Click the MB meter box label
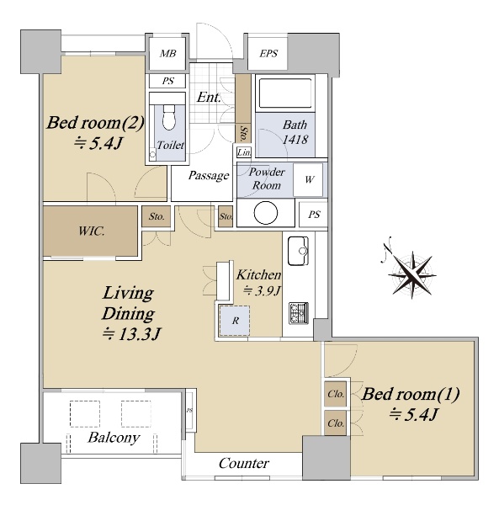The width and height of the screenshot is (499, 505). (167, 53)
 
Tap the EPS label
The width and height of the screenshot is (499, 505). (268, 53)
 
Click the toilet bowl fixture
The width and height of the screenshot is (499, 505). (169, 117)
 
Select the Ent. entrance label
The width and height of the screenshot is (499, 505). (209, 97)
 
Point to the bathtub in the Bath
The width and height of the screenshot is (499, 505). (285, 93)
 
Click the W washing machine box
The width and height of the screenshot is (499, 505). (308, 180)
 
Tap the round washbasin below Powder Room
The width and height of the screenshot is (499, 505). (266, 213)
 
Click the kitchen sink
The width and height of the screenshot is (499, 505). (298, 251)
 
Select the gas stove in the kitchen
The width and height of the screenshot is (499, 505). (299, 313)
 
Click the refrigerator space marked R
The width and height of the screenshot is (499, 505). (235, 321)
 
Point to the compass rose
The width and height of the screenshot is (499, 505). (411, 274)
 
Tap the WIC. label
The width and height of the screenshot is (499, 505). (92, 231)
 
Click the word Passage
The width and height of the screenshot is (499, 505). (209, 176)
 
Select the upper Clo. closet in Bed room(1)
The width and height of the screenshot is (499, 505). (335, 394)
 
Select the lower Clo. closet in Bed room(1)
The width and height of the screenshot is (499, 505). (335, 423)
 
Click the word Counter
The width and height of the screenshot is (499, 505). (244, 463)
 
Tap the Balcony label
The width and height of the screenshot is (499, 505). (114, 438)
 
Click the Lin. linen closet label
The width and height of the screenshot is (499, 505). (244, 152)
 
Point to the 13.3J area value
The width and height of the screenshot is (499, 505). (131, 333)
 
